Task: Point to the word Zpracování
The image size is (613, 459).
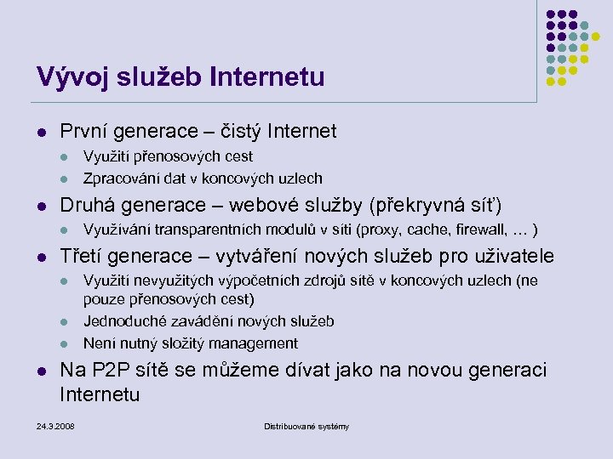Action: (123, 178)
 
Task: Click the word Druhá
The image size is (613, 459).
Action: (85, 205)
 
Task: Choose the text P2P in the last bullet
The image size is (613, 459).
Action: (108, 371)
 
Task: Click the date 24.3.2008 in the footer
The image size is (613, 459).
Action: (55, 426)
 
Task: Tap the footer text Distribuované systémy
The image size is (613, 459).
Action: (306, 426)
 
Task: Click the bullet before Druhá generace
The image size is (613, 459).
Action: (40, 206)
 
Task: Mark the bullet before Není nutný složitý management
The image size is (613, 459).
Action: (65, 344)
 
